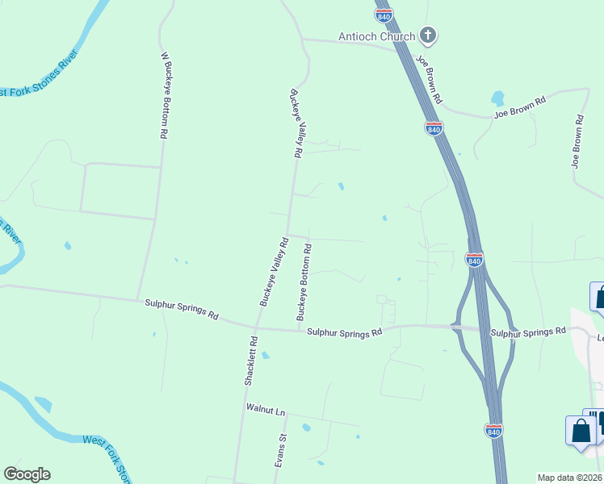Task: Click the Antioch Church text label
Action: click(x=376, y=36)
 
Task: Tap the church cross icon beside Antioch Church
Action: click(x=429, y=35)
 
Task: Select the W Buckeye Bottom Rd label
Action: click(x=165, y=96)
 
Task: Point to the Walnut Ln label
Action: click(x=266, y=411)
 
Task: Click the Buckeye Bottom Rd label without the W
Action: click(x=304, y=282)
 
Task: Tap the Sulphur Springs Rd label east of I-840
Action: click(x=528, y=332)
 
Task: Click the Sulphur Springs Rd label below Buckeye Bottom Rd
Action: click(x=342, y=332)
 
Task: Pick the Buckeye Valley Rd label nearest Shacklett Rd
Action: click(x=274, y=271)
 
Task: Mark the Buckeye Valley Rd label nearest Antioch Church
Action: click(x=295, y=122)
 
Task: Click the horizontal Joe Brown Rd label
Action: click(x=520, y=107)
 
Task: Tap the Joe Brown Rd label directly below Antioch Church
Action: click(x=429, y=79)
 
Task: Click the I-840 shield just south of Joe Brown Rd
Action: click(x=434, y=128)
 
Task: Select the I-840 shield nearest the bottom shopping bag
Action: click(x=494, y=430)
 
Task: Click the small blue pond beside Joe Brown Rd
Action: click(x=498, y=98)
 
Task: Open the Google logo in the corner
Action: click(x=27, y=474)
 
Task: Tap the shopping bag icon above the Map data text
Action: click(x=581, y=431)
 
